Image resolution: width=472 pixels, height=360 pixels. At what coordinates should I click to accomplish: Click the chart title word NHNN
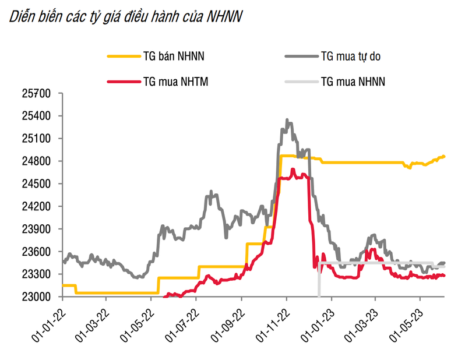(x=224, y=18)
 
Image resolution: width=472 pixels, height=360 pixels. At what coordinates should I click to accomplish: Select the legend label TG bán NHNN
(x=173, y=57)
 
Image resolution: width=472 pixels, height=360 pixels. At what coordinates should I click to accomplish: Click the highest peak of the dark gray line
(x=287, y=120)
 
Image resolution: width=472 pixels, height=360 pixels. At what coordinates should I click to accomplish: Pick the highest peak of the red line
(x=293, y=170)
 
